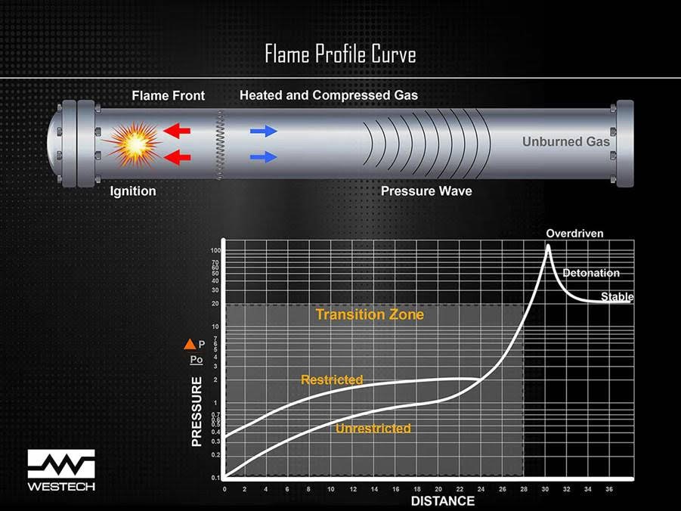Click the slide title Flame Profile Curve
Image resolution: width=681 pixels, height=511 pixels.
click(340, 54)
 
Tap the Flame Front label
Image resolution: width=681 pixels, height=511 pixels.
click(168, 96)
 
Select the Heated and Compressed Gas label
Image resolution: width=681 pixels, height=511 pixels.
click(328, 95)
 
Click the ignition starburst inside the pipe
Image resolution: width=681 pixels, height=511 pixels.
click(134, 144)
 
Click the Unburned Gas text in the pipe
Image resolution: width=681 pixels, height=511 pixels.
click(565, 141)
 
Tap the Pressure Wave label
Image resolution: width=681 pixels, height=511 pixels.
click(426, 191)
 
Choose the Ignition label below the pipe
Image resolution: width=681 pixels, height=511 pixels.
click(133, 191)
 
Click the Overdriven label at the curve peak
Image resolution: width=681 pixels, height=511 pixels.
click(574, 234)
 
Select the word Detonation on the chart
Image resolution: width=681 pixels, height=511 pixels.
click(591, 273)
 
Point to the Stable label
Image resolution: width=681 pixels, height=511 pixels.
click(617, 296)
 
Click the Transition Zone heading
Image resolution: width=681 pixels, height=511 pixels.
click(370, 314)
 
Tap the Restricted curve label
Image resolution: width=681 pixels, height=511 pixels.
click(332, 379)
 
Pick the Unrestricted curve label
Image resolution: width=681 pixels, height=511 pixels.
click(373, 429)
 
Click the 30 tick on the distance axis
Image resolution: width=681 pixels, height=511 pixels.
click(546, 489)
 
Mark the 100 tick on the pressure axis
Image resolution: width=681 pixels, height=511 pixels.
click(215, 250)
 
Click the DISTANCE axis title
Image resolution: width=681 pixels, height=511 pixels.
click(442, 501)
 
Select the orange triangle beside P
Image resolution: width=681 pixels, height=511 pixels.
click(190, 345)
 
